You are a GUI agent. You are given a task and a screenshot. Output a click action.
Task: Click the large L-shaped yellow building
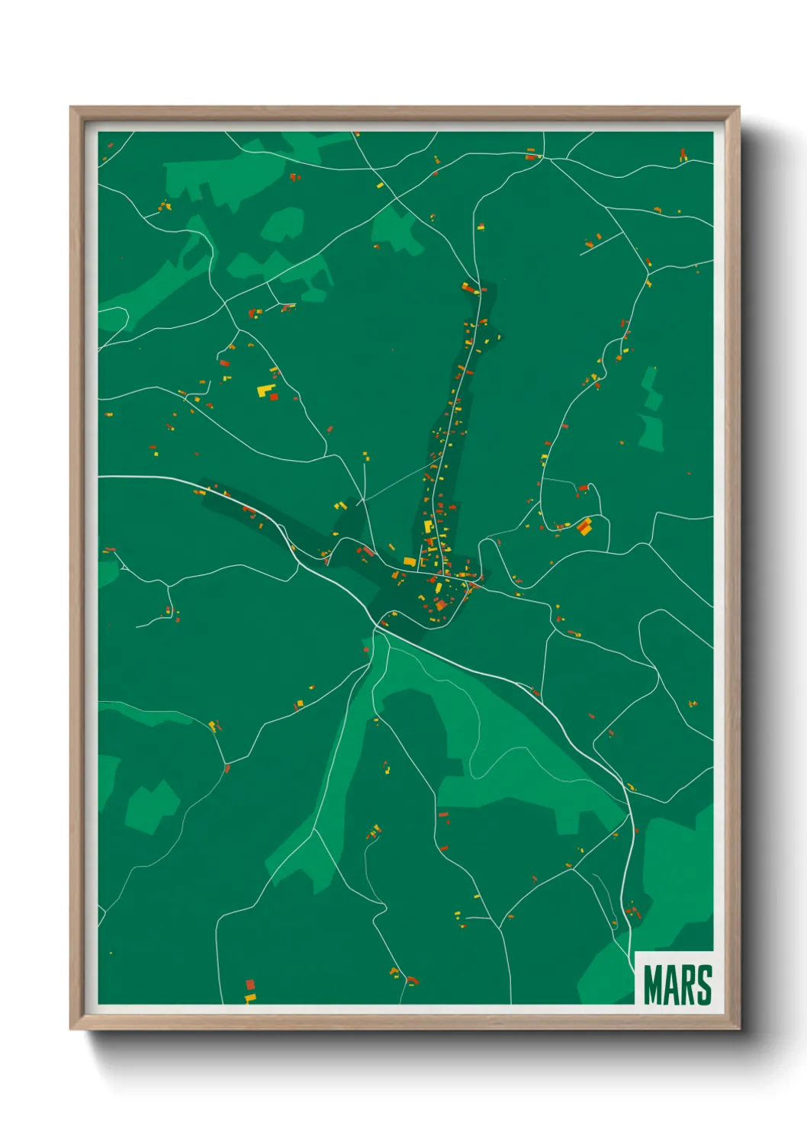[x=265, y=391]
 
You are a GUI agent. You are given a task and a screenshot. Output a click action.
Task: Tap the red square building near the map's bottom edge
[x=250, y=985]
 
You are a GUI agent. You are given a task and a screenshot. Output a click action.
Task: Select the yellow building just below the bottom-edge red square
[x=250, y=997]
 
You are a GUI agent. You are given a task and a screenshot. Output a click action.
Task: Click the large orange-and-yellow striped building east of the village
[x=585, y=526]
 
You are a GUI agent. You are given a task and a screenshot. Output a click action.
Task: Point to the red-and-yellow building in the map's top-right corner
[x=683, y=156]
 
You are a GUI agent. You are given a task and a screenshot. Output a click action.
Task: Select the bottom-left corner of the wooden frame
[x=72, y=1028]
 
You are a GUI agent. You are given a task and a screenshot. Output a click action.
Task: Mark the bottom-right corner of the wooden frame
[x=738, y=1028]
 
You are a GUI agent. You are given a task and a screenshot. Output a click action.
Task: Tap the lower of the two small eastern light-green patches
[x=651, y=433]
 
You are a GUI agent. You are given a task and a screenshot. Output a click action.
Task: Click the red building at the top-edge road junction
[x=530, y=157]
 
